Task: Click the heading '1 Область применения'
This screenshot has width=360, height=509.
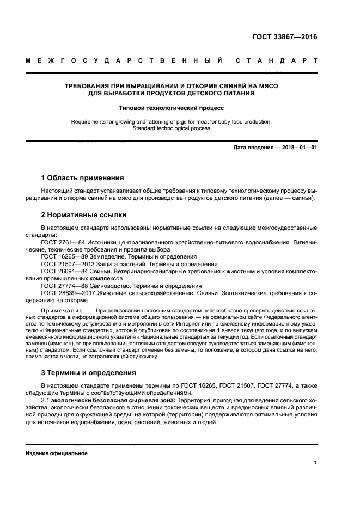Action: point(82,178)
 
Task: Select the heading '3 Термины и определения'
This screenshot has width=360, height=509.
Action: point(89,373)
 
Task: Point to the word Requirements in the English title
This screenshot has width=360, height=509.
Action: point(88,122)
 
